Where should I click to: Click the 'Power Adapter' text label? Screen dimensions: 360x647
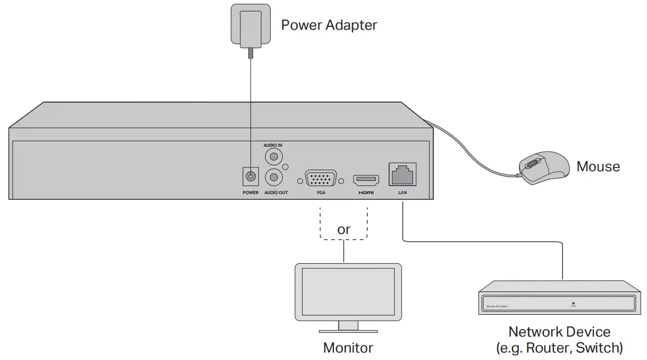tap(329, 25)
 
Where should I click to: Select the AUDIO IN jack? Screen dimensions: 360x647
tap(273, 157)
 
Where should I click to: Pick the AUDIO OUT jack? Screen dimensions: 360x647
tap(273, 177)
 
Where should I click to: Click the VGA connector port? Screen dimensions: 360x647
tap(321, 178)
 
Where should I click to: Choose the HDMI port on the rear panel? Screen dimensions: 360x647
tap(366, 179)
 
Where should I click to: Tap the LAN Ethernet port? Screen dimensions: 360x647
tap(402, 174)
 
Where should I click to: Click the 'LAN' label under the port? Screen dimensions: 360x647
tap(402, 192)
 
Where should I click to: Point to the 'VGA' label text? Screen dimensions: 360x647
tap(321, 192)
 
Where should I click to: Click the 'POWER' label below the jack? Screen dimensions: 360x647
tap(250, 192)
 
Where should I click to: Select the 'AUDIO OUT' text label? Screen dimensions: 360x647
tap(276, 192)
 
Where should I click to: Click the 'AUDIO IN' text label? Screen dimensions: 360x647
tap(273, 145)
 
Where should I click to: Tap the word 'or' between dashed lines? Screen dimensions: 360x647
tap(344, 230)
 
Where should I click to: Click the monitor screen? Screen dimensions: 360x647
tap(348, 291)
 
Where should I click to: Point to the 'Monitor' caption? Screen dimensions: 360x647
tap(348, 348)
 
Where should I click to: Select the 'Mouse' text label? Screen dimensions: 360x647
tap(598, 166)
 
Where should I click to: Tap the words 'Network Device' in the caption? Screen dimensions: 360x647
tap(559, 332)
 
